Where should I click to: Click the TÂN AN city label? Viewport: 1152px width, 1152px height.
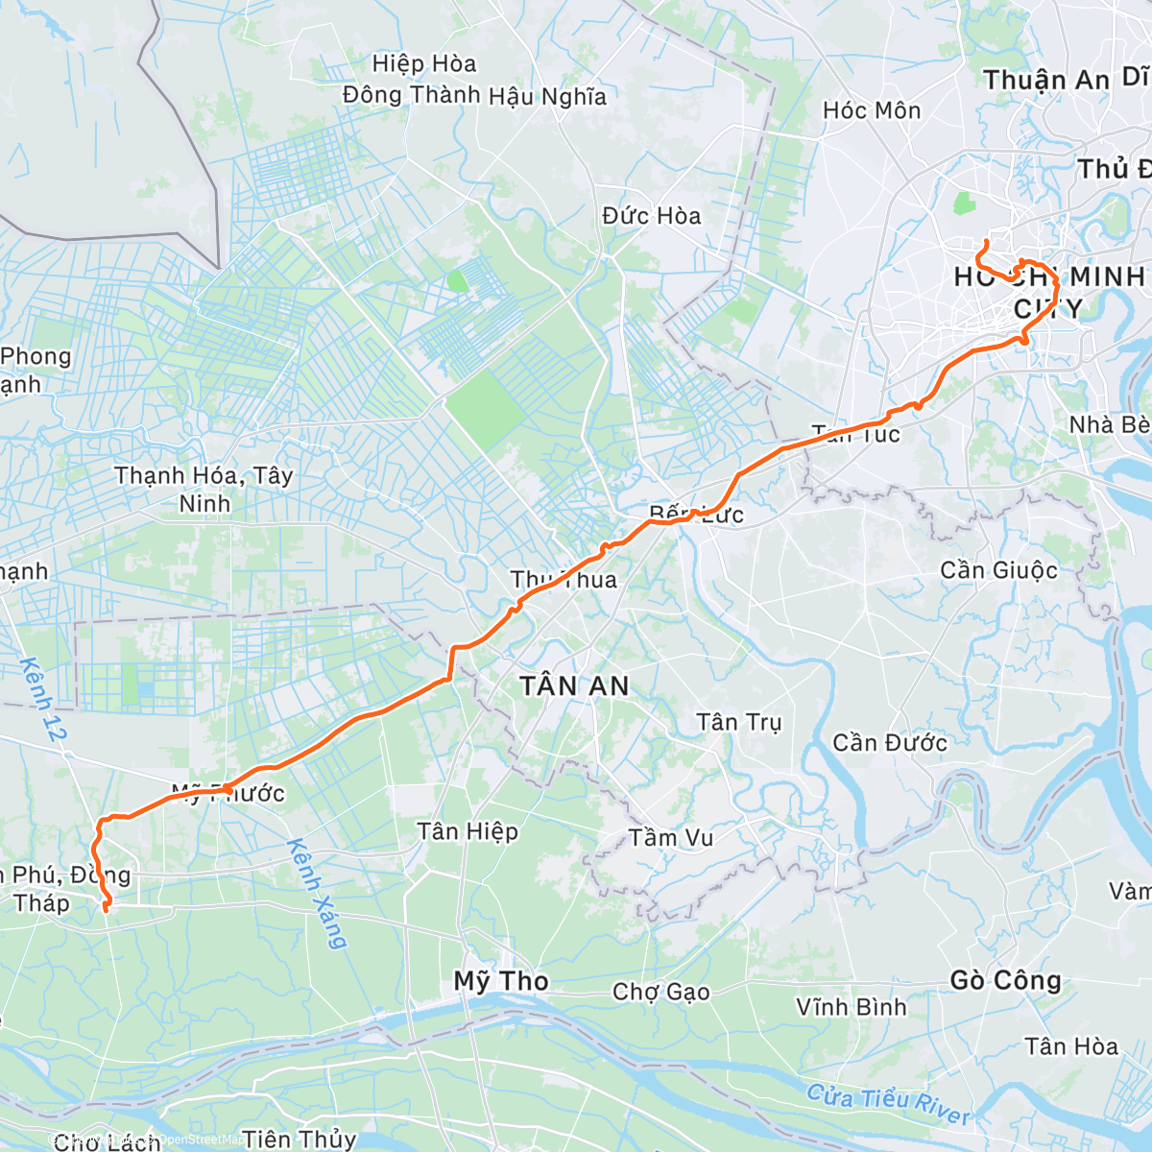click(574, 685)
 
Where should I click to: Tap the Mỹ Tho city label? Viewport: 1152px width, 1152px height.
click(501, 981)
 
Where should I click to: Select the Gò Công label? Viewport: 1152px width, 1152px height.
click(1006, 980)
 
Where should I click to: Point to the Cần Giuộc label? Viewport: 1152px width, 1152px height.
click(998, 570)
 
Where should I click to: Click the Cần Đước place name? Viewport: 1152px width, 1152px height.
click(889, 742)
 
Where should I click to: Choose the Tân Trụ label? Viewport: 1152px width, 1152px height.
click(738, 722)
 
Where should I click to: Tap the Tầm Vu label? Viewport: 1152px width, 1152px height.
click(671, 838)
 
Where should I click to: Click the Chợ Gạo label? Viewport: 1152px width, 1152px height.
click(661, 992)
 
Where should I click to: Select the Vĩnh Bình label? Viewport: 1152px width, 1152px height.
click(851, 1007)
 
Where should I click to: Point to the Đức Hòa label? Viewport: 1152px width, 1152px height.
click(652, 216)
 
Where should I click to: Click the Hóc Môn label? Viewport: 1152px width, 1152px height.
click(872, 110)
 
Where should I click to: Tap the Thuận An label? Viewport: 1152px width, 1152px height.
click(1046, 81)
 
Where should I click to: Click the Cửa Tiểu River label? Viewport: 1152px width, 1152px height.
click(888, 1104)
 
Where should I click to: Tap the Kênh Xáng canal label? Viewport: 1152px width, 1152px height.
click(316, 894)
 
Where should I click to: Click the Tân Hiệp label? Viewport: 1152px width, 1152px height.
click(468, 831)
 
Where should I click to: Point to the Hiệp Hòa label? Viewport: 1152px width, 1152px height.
click(424, 64)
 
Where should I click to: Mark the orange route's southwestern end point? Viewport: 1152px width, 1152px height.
click(106, 906)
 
